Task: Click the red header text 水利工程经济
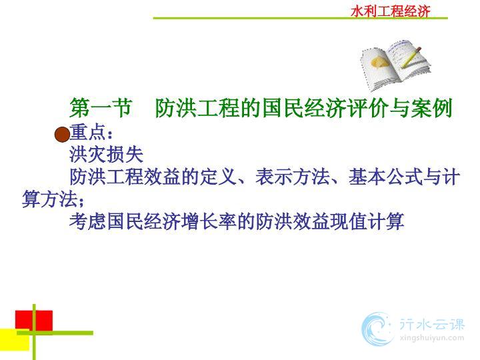tap(391, 11)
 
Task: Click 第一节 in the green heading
tap(101, 108)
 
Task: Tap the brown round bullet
tap(62, 135)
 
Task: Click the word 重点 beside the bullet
tap(88, 133)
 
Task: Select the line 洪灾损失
tap(106, 154)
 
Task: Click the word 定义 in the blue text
tap(218, 177)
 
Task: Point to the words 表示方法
tap(293, 177)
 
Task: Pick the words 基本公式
tap(385, 177)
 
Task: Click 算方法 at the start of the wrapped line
tap(50, 199)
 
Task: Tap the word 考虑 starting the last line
tap(88, 221)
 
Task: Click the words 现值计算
tap(367, 221)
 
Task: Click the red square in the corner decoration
tap(34, 321)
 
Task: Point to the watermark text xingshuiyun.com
tap(431, 338)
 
